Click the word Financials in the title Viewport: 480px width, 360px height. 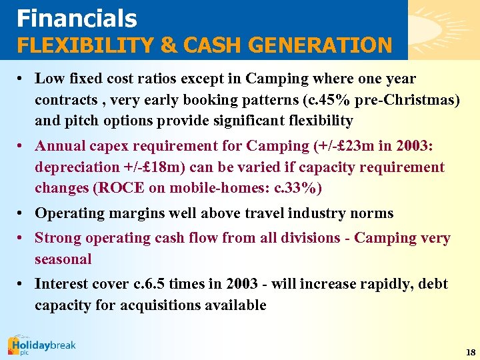tap(77, 18)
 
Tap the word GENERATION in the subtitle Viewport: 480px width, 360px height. tap(325, 45)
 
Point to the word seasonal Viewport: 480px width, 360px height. tap(63, 259)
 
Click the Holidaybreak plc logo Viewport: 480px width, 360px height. tap(41, 346)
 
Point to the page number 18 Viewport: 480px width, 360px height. tap(471, 351)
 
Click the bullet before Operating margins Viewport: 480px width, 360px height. tap(21, 214)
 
